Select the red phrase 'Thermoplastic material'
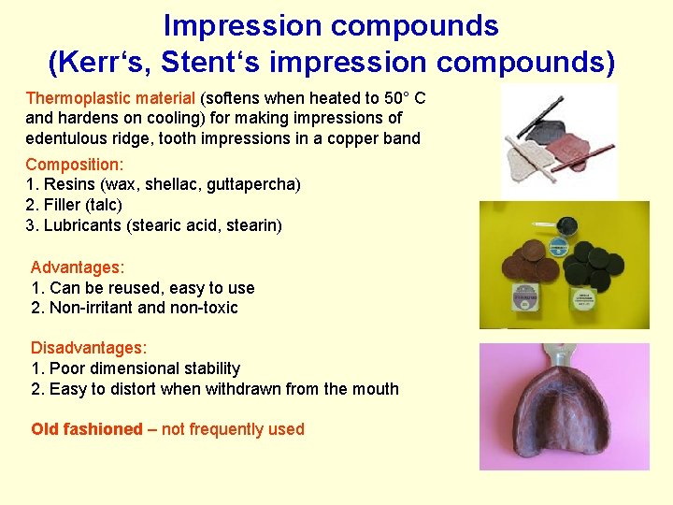pos(110,98)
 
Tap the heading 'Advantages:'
pos(78,267)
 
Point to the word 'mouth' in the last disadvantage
pos(376,389)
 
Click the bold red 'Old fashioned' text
pos(86,429)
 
